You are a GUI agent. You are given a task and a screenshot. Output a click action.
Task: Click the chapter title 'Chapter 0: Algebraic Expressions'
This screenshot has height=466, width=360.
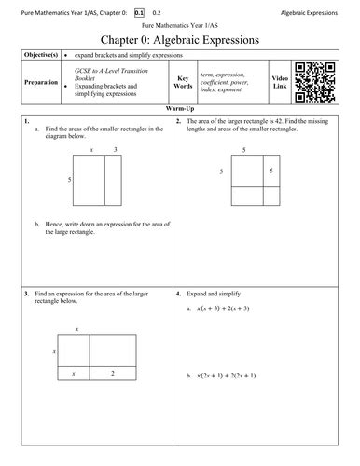180,38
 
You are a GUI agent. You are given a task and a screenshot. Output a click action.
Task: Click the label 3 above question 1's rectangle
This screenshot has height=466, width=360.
115,149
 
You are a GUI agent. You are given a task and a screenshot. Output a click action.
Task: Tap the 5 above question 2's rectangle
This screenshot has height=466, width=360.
244,148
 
